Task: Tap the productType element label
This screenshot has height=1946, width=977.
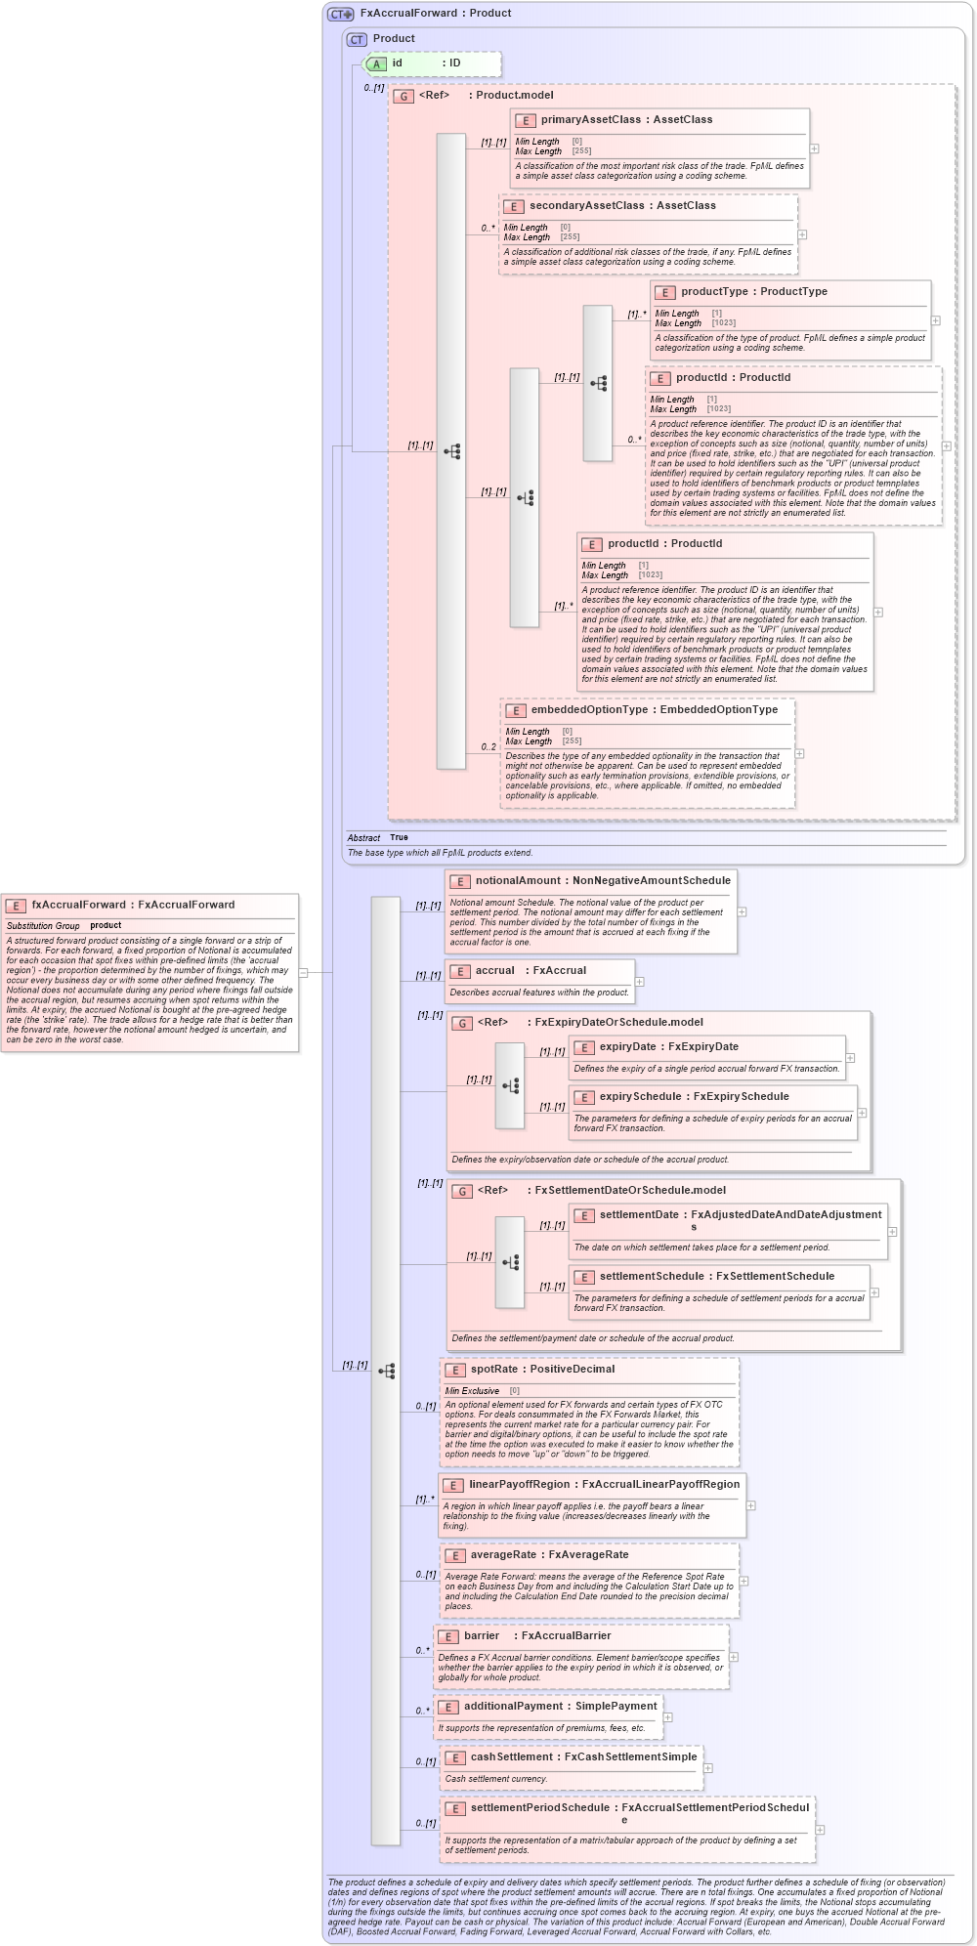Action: (714, 291)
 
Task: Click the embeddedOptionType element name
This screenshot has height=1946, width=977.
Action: (590, 709)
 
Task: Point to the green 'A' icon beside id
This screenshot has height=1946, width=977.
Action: (376, 63)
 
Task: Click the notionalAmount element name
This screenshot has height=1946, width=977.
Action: (518, 880)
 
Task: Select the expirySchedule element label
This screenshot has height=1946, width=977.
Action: (640, 1096)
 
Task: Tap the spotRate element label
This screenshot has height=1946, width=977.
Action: (493, 1369)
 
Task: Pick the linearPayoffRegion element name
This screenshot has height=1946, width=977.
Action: (519, 1484)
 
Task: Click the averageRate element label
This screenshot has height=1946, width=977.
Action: (503, 1554)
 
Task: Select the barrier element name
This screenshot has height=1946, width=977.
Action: (481, 1635)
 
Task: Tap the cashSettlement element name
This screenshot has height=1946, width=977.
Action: (511, 1756)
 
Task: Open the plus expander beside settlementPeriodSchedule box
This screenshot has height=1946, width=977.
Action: (820, 1830)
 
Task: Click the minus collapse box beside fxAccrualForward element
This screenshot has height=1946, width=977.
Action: (303, 972)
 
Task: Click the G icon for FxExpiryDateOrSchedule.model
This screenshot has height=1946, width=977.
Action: (463, 1023)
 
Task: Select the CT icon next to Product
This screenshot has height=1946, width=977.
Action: (357, 39)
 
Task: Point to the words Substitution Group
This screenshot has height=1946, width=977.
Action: (43, 925)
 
